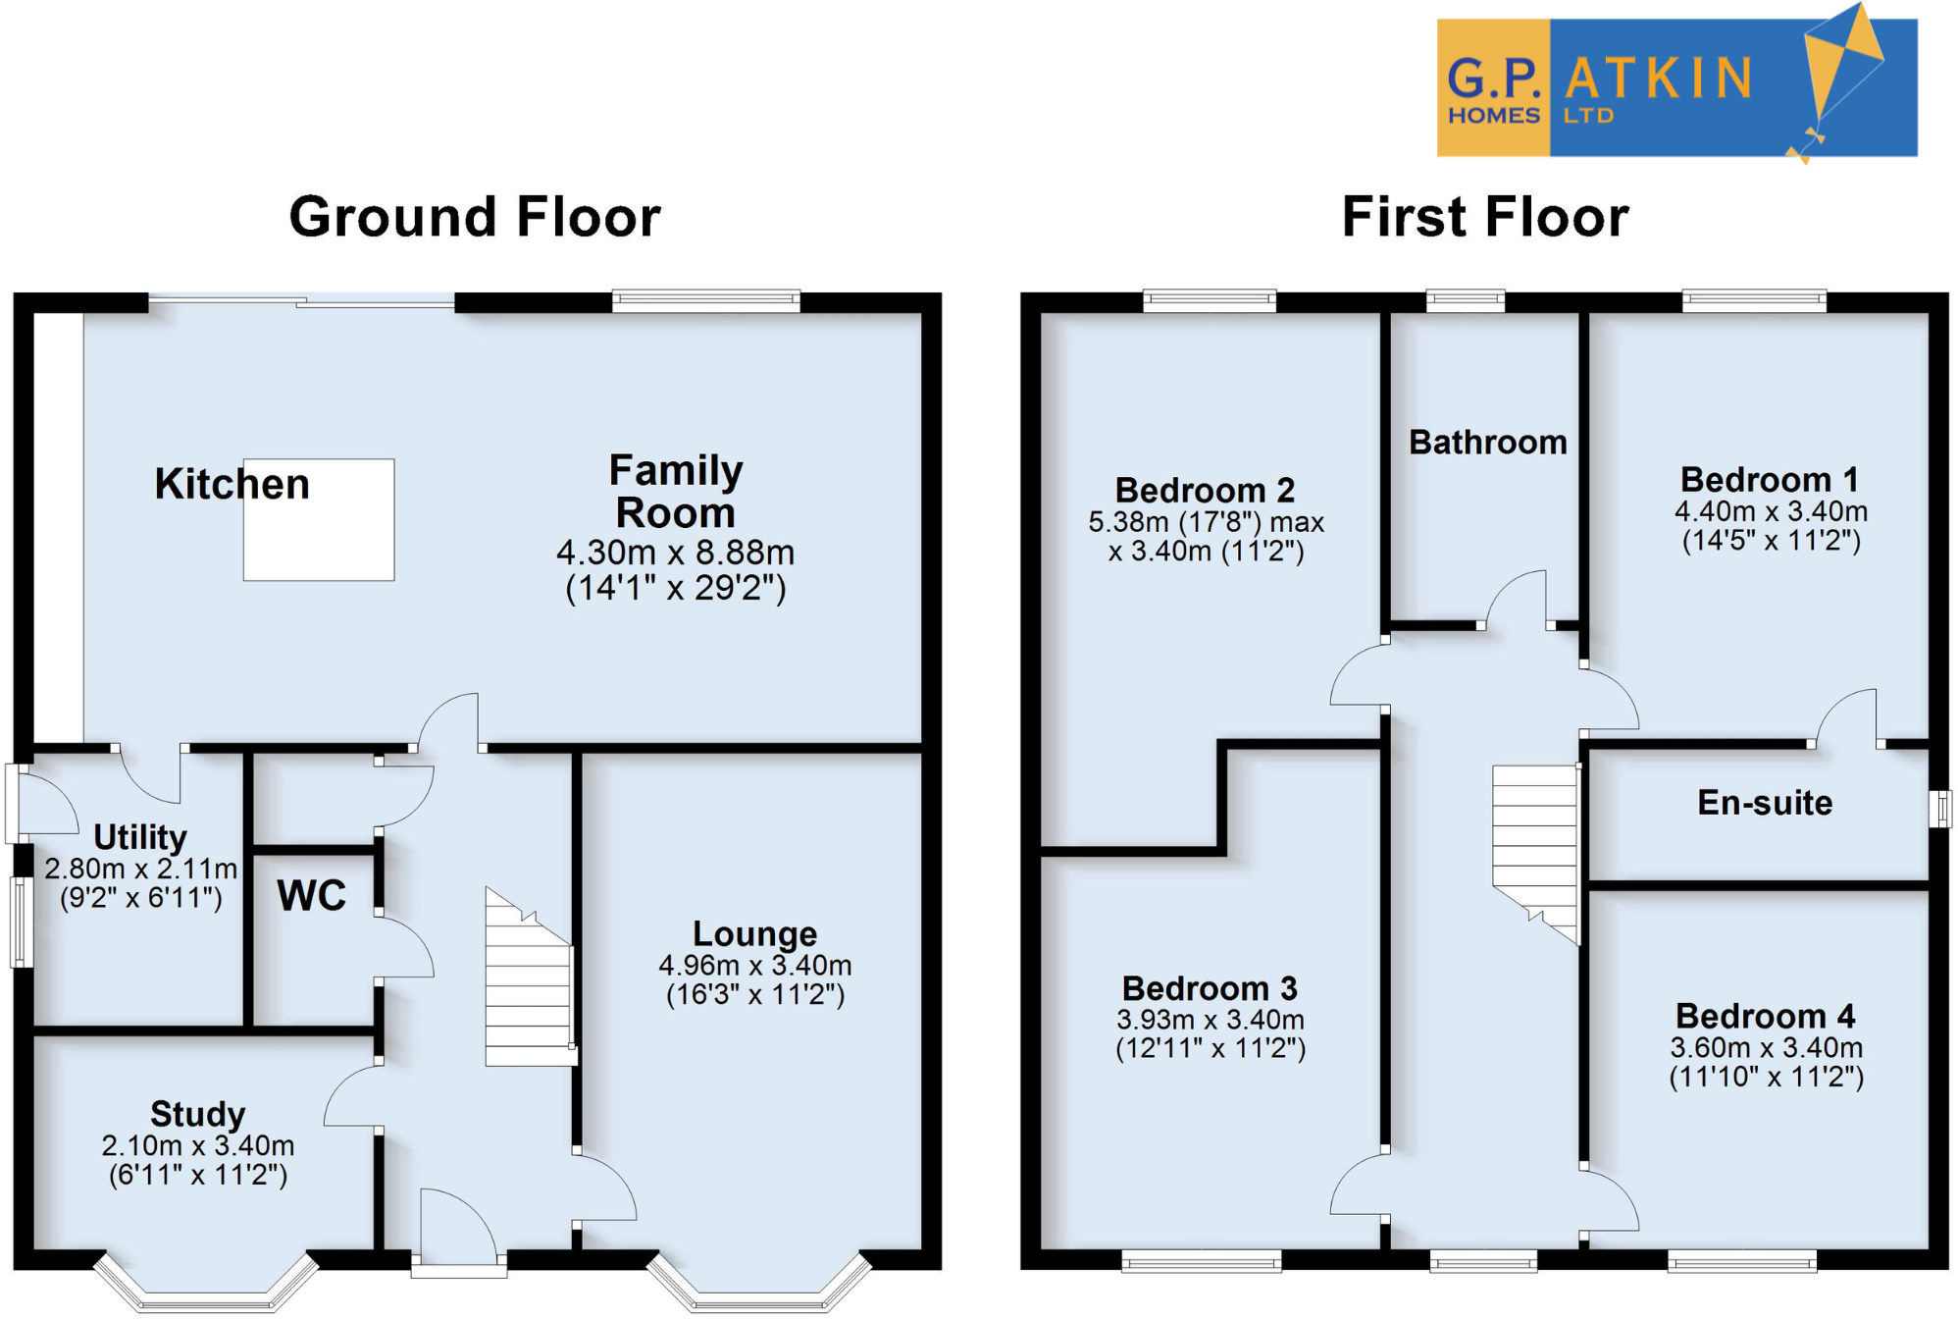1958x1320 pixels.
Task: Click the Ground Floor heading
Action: (475, 217)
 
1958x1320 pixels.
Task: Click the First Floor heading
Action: (1484, 217)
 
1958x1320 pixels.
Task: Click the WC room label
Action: (311, 895)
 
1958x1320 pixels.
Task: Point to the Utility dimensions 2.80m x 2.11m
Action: (140, 869)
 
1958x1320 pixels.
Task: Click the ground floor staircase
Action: (529, 981)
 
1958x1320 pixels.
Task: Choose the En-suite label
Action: (1764, 803)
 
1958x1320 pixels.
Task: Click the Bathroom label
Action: (1487, 443)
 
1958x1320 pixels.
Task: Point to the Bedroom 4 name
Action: (1764, 1016)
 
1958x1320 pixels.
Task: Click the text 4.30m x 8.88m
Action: (675, 553)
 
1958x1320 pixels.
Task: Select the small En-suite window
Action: (1940, 810)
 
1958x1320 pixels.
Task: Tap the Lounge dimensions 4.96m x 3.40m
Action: (754, 966)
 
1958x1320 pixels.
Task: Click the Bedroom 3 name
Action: (1209, 988)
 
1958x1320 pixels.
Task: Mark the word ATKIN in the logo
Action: (1658, 79)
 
